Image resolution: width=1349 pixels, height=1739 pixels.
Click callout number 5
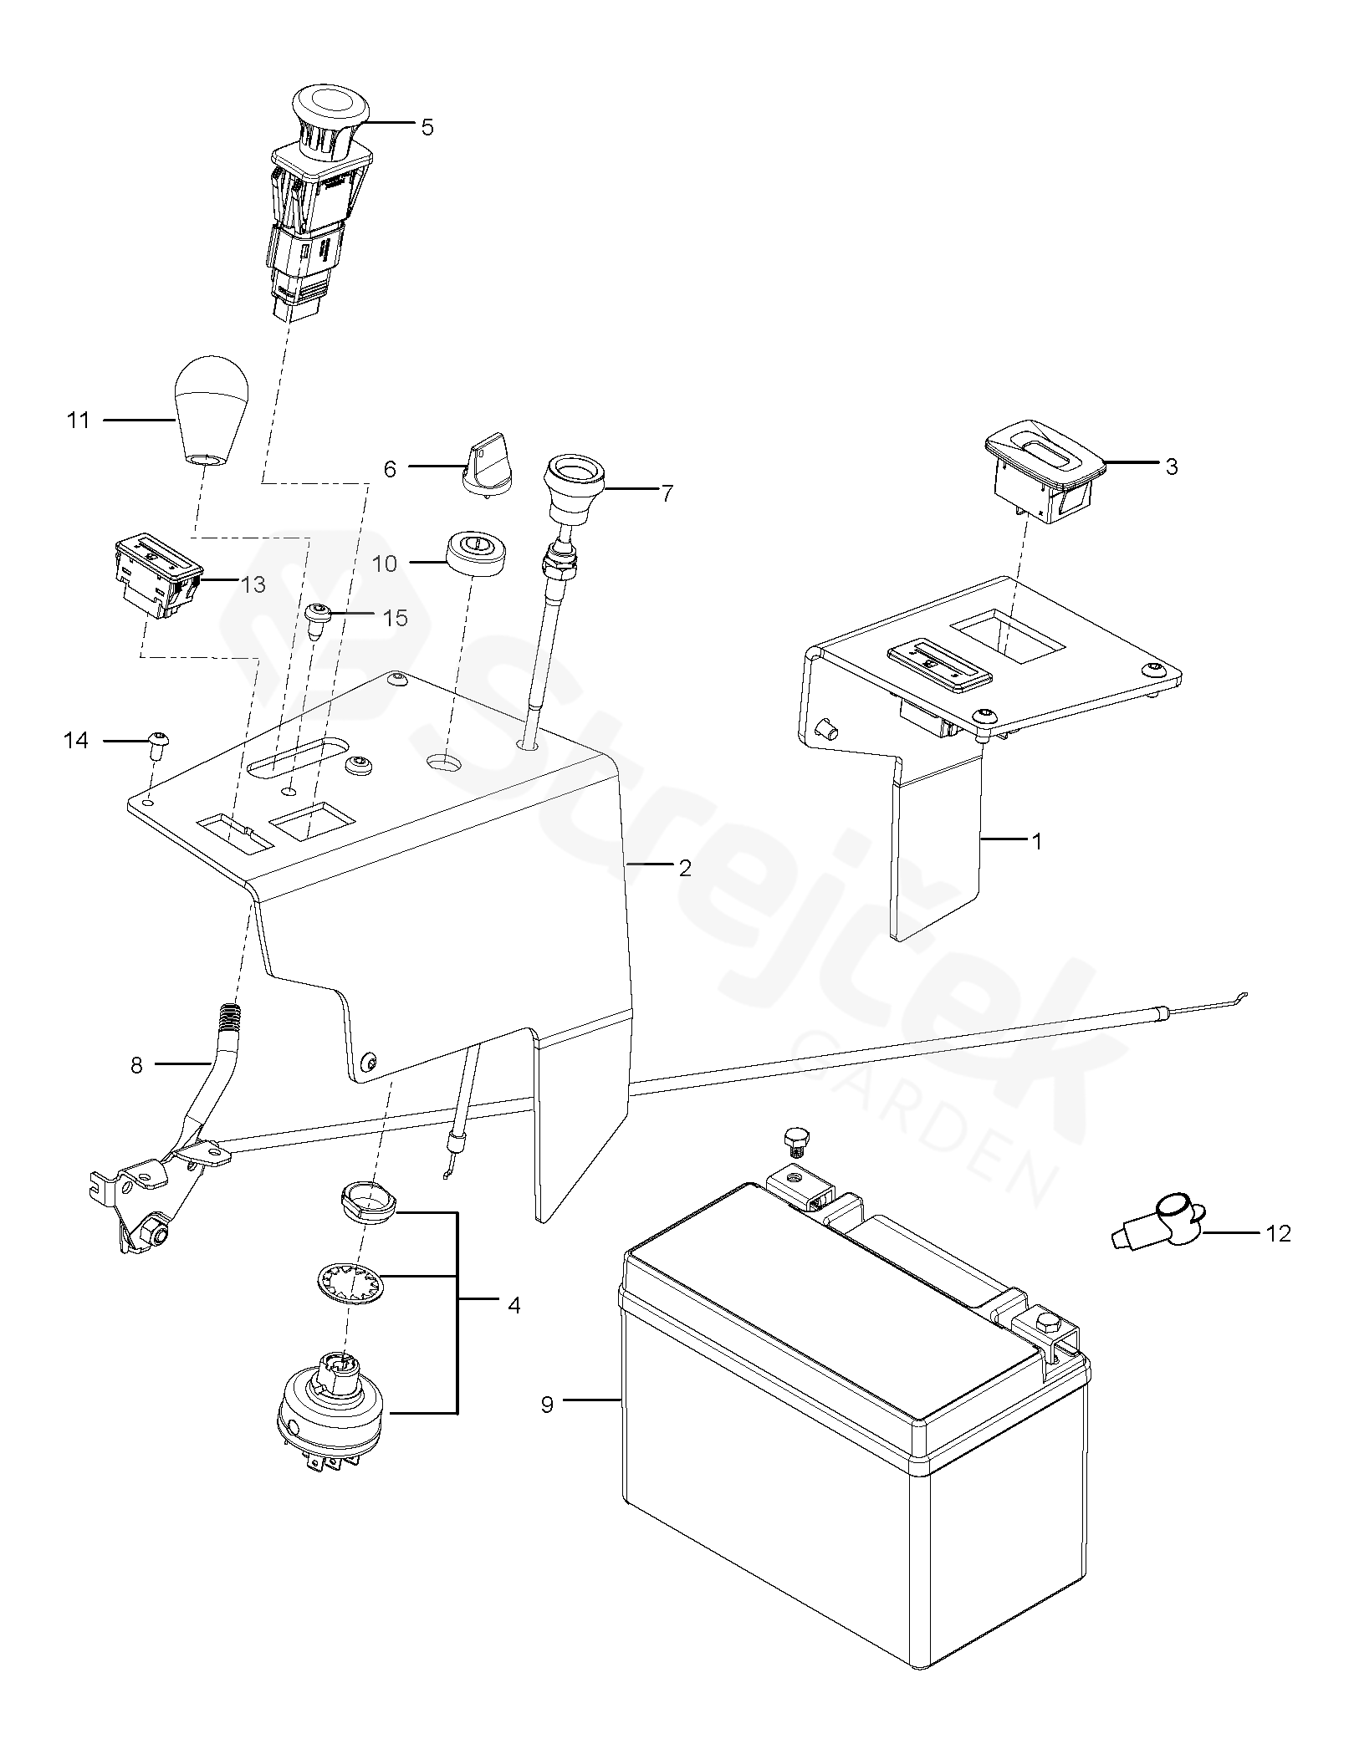pos(427,128)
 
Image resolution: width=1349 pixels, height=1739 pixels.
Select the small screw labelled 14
pos(156,740)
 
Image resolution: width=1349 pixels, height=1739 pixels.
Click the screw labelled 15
pos(318,620)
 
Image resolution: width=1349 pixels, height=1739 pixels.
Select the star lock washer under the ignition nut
pos(349,1282)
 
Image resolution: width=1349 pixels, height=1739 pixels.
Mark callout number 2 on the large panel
pos(685,869)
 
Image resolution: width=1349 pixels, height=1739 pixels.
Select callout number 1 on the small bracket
pos(1037,842)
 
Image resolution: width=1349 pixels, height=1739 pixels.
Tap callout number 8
pos(137,1065)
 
